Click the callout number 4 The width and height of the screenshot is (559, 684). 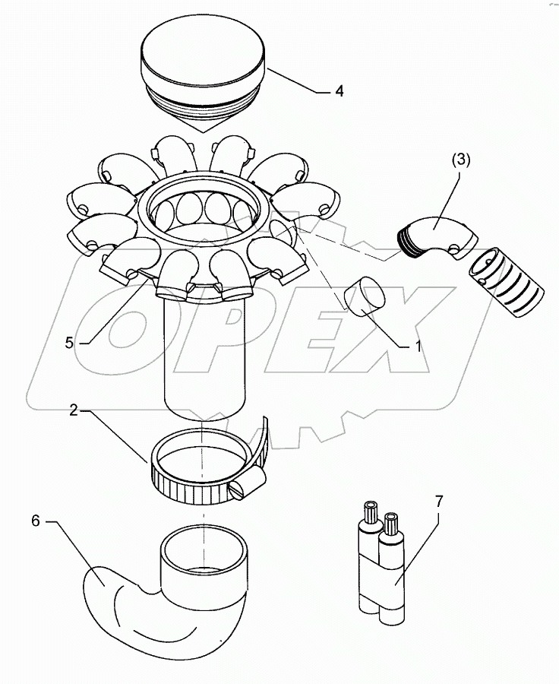point(339,90)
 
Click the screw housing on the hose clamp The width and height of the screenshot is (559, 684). point(251,483)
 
